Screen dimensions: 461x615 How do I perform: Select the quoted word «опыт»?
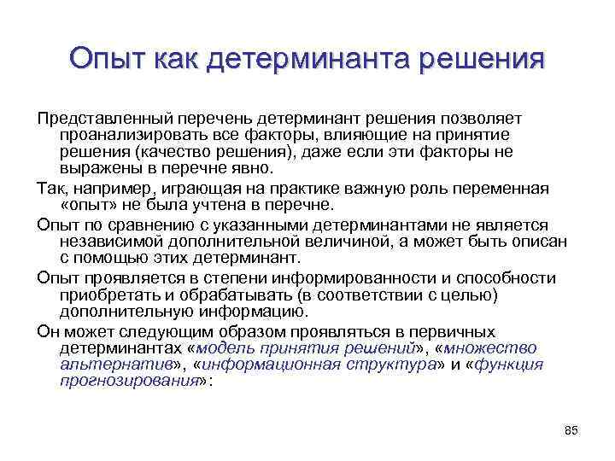coord(88,205)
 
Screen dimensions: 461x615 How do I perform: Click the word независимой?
coord(106,241)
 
